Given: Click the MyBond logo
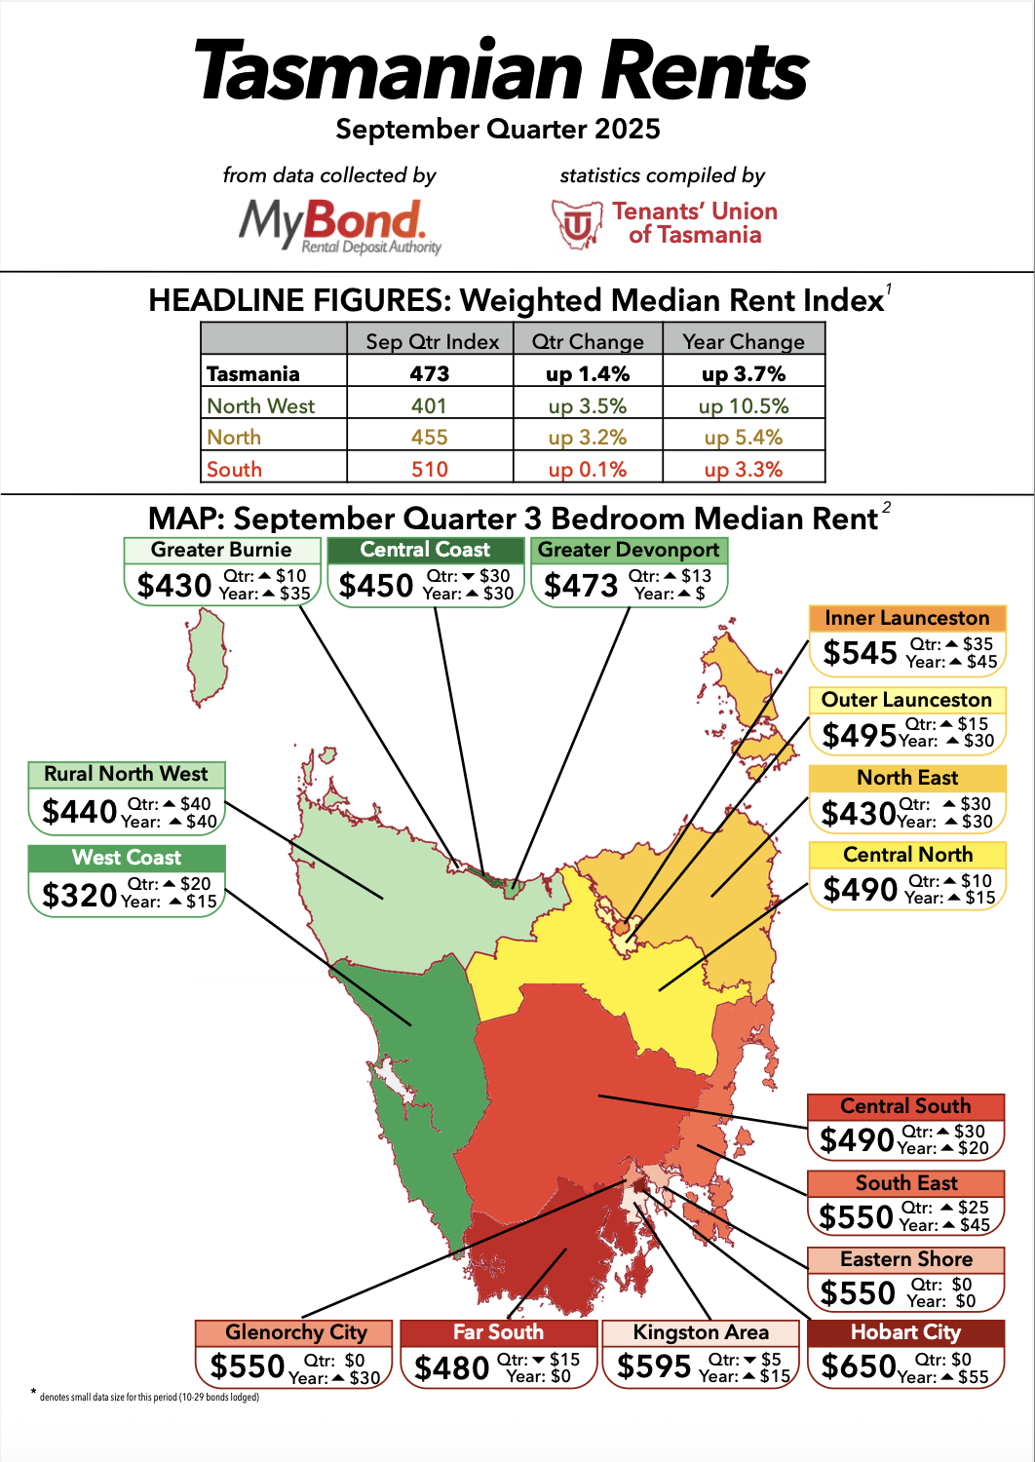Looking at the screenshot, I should click(x=338, y=225).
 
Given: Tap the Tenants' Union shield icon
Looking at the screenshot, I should click(x=577, y=224).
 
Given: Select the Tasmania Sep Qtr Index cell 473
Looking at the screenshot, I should click(x=430, y=374).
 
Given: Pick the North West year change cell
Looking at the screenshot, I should click(x=744, y=405).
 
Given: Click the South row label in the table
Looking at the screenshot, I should click(x=235, y=469).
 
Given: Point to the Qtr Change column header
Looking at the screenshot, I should click(x=588, y=341).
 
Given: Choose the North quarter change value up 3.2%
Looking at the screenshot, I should click(x=588, y=438).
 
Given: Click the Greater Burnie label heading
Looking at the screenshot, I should click(x=221, y=550).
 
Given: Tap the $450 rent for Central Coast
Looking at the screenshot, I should click(x=376, y=586).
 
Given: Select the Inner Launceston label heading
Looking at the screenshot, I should click(x=906, y=618).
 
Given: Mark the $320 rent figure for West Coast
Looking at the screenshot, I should click(x=79, y=895).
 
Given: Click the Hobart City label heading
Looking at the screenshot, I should click(x=905, y=1332).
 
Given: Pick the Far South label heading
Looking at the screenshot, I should click(x=498, y=1332).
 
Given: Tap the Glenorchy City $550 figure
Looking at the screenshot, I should click(x=248, y=1366).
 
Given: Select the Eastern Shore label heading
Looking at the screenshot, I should click(x=906, y=1259).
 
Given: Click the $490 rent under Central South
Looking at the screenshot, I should click(x=857, y=1139).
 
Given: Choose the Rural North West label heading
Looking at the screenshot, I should click(x=127, y=774).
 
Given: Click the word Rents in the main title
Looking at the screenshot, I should click(x=704, y=70).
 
